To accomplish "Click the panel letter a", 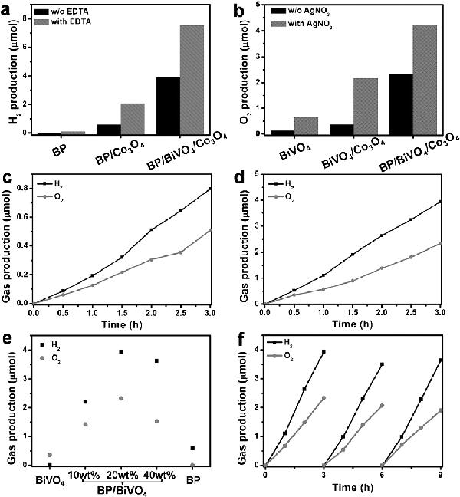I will pyautogui.click(x=11, y=9).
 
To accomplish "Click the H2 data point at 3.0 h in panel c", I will pyautogui.click(x=210, y=189).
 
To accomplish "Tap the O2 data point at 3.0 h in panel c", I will pyautogui.click(x=210, y=229).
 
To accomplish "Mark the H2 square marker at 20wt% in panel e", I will pyautogui.click(x=121, y=351).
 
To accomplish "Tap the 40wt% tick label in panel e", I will pyautogui.click(x=157, y=473).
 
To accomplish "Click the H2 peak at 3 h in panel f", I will pyautogui.click(x=324, y=351).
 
